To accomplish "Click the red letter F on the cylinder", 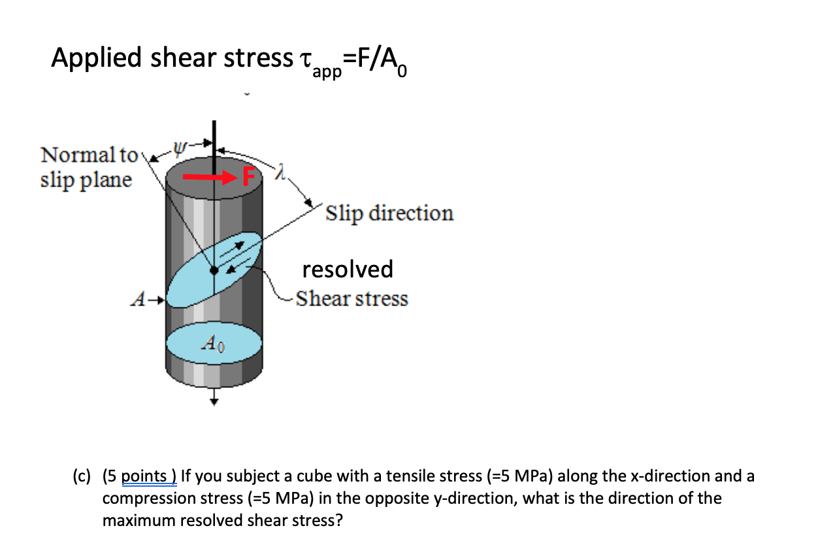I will coord(247,177).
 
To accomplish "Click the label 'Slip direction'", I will coord(389,213).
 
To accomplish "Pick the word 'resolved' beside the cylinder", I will coord(348,269).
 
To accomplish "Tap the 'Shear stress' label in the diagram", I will coord(352,299).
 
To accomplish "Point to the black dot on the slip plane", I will coord(214,270).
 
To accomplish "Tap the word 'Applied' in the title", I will coord(96,58).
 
